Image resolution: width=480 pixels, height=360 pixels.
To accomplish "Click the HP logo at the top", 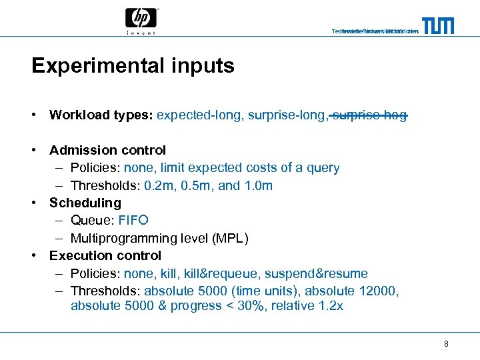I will tap(141, 21).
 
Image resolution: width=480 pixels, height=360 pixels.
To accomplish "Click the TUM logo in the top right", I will tap(438, 25).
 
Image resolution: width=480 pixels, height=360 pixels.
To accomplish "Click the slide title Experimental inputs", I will tap(133, 66).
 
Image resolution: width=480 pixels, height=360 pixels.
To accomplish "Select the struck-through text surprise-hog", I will tap(369, 115).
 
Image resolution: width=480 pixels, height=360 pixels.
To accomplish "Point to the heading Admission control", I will tap(107, 150).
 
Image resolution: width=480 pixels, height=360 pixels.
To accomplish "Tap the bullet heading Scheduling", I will tap(85, 203).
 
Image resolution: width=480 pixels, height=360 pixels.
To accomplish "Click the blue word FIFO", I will tap(133, 220).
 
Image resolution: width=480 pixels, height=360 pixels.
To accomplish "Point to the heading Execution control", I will tap(105, 255).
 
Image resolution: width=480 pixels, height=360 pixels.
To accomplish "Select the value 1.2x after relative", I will tap(331, 306).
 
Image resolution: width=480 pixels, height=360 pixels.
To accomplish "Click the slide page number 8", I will tap(445, 344).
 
